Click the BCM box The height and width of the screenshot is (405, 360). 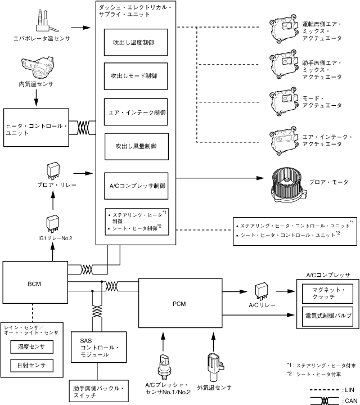coord(33,284)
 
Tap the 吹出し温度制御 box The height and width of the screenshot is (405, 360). coord(136,42)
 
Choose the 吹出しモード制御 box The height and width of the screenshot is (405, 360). coord(136,75)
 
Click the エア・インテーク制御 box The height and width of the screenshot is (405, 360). coord(136,111)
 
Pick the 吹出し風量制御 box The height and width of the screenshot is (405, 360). coord(136,146)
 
